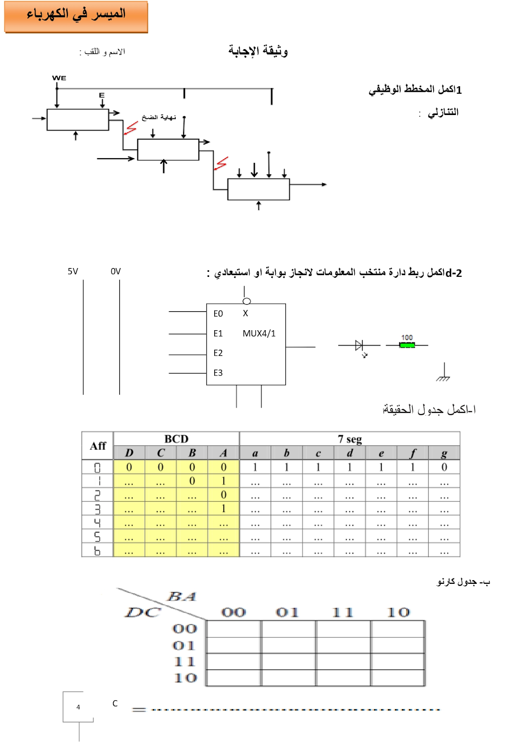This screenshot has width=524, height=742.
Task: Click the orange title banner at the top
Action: [76, 17]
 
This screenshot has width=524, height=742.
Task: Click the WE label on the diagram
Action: [59, 78]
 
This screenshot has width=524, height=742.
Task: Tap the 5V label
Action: [73, 271]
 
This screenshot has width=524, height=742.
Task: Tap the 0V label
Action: [115, 271]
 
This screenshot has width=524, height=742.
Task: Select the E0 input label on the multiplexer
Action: [218, 314]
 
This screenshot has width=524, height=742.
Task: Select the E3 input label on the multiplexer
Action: [218, 373]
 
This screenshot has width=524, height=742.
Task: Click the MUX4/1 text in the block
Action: [259, 333]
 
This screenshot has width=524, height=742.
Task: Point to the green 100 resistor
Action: [407, 345]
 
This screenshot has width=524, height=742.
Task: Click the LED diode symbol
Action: [359, 345]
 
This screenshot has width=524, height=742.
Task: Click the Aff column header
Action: [98, 446]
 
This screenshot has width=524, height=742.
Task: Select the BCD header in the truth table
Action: [176, 439]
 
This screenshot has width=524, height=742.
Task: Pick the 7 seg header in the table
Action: [350, 439]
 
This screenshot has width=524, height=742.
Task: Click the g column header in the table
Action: [444, 453]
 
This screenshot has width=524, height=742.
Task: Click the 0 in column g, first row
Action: [444, 467]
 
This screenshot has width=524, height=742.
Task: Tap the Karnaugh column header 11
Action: [343, 613]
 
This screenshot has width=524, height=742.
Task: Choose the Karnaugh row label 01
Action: [185, 646]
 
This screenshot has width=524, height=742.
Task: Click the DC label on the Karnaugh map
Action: [143, 613]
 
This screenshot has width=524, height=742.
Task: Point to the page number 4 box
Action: [78, 707]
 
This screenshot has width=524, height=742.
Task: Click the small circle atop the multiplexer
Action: [247, 301]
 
